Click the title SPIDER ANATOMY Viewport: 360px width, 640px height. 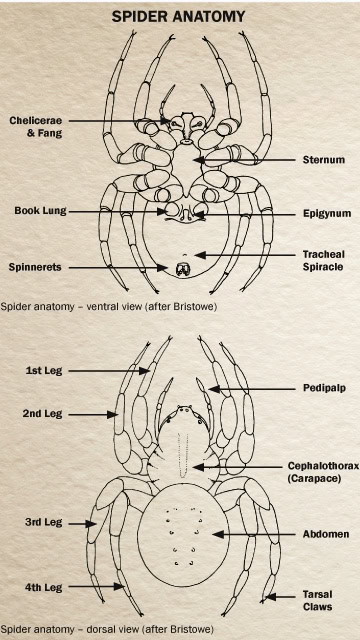pos(180,17)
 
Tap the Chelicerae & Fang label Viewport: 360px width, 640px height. pos(34,127)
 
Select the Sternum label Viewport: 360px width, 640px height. pos(322,159)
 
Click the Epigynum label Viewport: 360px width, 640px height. pos(325,213)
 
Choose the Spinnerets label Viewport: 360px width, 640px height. pos(38,267)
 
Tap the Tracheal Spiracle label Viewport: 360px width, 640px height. pos(323,260)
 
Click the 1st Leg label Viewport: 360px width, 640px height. pos(43,370)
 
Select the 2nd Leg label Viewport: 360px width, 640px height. pos(43,412)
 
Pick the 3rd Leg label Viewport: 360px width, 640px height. pos(43,521)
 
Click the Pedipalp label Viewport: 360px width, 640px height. pos(323,388)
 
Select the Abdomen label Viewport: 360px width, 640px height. pos(325,534)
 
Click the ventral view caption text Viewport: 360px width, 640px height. pos(108,304)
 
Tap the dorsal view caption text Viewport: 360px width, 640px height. pos(107,630)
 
